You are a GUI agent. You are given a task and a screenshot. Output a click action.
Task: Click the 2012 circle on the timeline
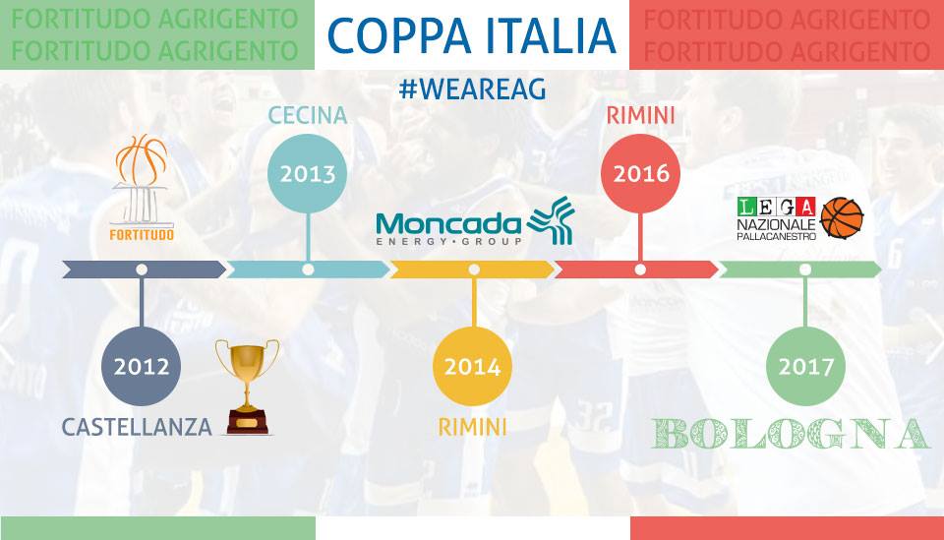click(x=142, y=366)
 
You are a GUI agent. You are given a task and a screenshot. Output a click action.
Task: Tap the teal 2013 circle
click(x=308, y=173)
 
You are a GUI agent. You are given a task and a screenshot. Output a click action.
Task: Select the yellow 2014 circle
click(x=473, y=366)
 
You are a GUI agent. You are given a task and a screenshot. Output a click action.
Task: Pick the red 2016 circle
click(x=640, y=173)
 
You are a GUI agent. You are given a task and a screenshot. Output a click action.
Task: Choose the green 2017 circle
click(x=805, y=366)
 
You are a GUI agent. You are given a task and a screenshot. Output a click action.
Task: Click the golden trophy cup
click(x=248, y=388)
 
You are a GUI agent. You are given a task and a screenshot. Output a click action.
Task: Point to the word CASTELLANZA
click(x=137, y=428)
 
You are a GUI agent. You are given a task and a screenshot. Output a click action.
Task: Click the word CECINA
click(x=308, y=115)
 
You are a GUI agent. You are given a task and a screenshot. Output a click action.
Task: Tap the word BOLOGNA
click(x=790, y=434)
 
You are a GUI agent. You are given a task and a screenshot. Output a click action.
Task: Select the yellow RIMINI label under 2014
click(x=473, y=428)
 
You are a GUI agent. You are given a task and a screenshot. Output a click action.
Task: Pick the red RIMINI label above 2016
click(x=640, y=115)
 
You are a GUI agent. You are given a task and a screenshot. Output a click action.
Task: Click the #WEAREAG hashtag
click(x=473, y=90)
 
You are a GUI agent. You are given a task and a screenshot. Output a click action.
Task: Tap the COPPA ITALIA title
click(x=472, y=35)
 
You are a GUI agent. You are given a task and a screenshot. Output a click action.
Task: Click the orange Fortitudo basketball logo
click(x=142, y=188)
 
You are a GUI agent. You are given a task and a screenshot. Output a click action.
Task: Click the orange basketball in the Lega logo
click(x=843, y=217)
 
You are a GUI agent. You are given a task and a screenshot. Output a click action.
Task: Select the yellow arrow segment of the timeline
click(x=473, y=270)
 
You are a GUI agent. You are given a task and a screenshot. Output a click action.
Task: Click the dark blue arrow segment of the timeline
click(x=145, y=270)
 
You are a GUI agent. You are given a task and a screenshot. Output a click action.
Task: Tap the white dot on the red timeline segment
click(x=640, y=270)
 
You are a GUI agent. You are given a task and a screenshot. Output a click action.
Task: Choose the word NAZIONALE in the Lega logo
click(x=777, y=224)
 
